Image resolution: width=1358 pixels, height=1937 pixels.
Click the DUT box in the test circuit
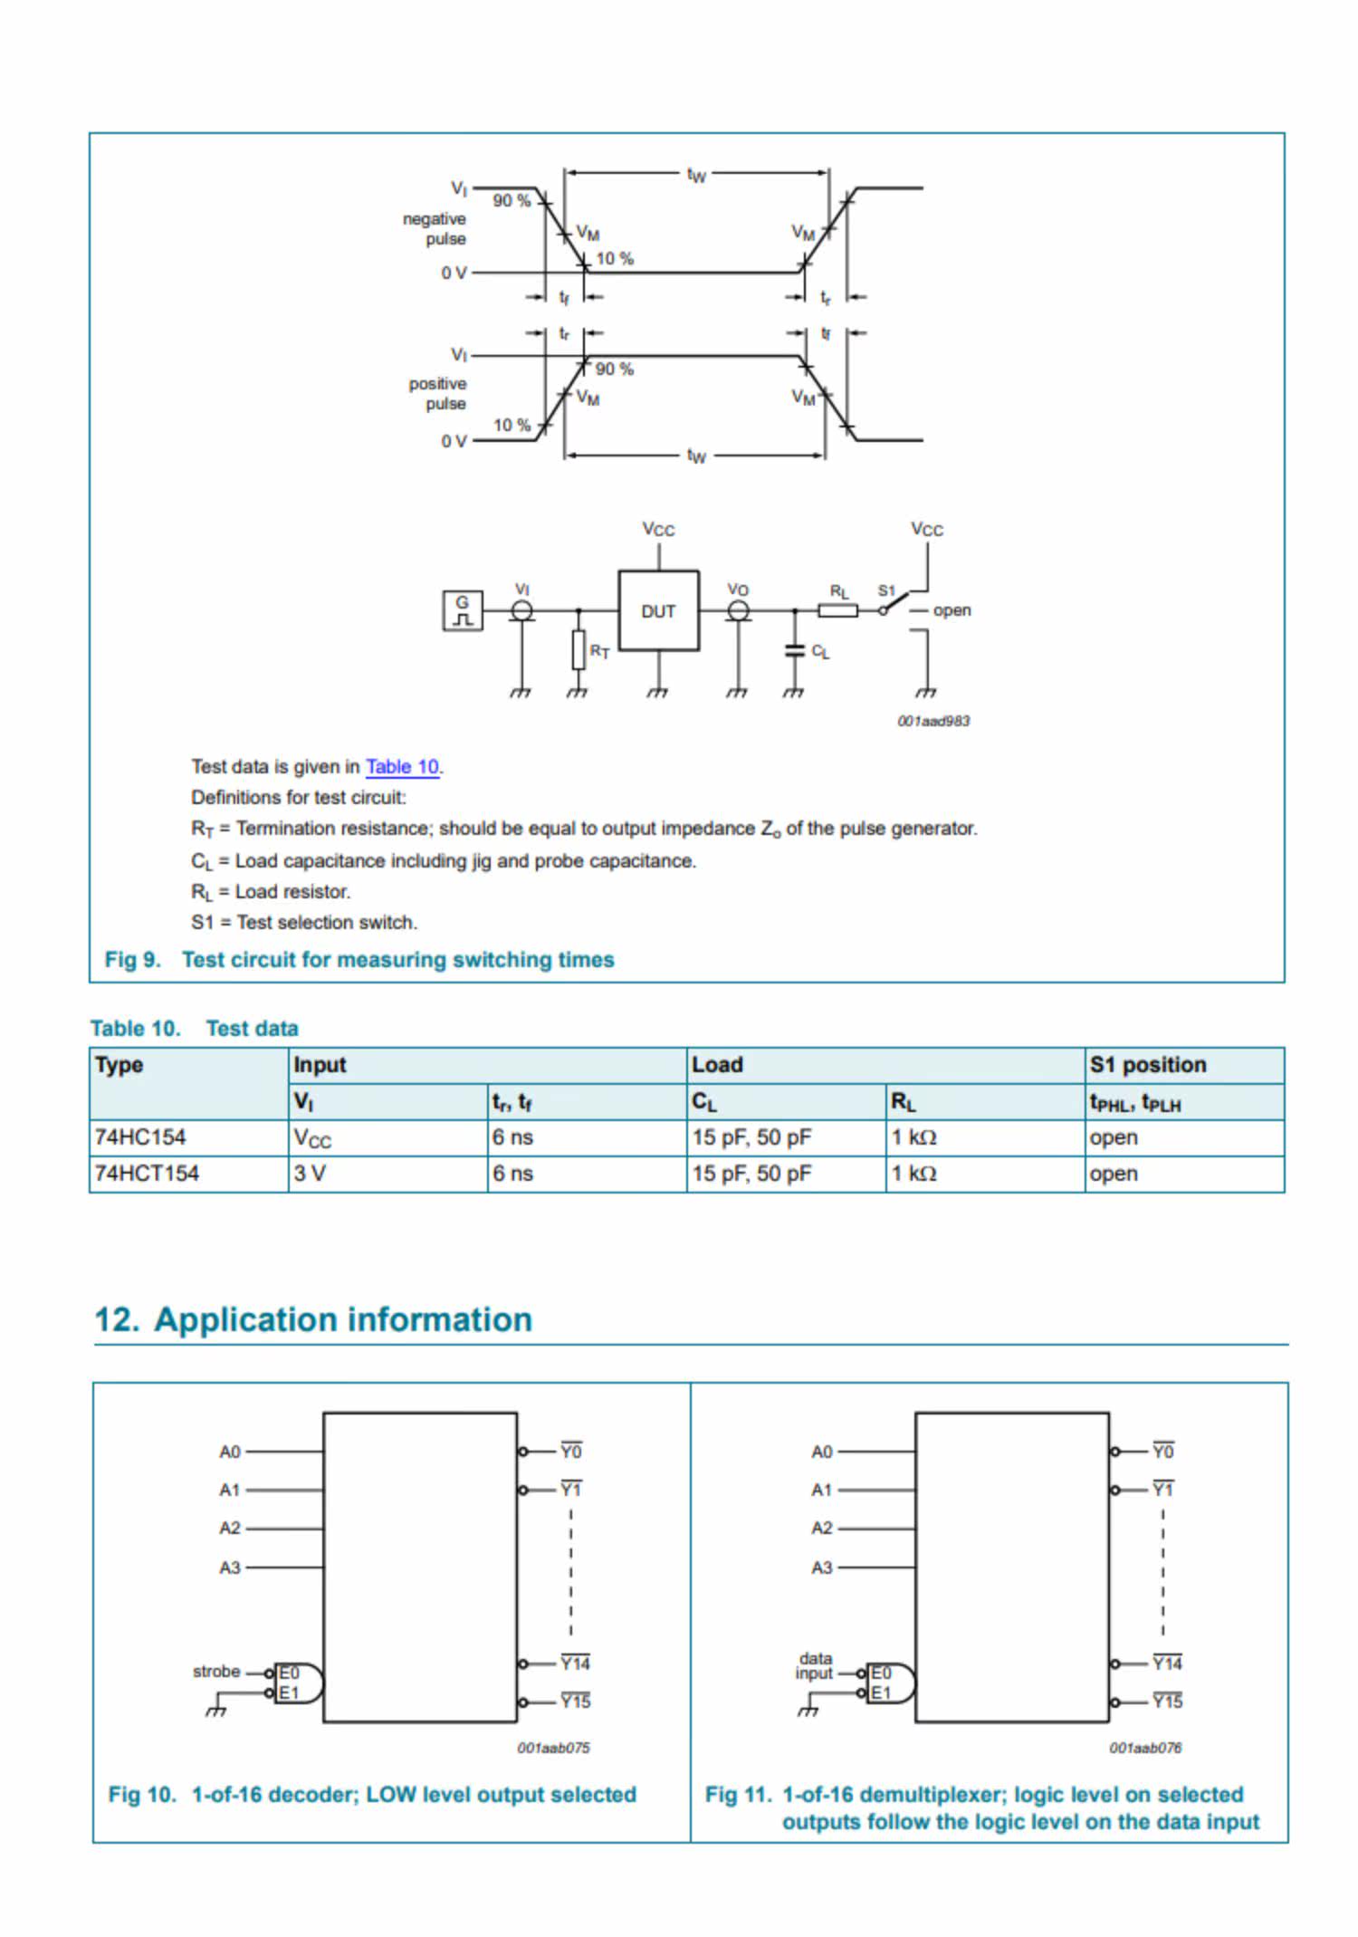click(658, 610)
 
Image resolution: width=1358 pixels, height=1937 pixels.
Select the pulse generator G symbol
click(463, 610)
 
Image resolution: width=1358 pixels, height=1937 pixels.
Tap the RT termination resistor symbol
click(579, 649)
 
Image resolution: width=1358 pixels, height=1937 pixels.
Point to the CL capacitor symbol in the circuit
click(794, 650)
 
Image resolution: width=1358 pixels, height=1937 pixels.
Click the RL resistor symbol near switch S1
click(837, 610)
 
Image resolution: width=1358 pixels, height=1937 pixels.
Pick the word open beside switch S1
click(952, 610)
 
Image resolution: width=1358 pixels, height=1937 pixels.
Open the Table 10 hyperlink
click(402, 767)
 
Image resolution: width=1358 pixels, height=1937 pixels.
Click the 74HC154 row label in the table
click(140, 1137)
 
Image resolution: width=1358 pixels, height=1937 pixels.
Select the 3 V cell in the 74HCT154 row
click(310, 1174)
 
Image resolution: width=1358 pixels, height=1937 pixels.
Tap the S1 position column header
click(1148, 1065)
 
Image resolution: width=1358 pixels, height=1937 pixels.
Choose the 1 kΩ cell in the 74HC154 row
click(913, 1137)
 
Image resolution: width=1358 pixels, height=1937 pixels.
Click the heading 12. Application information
click(313, 1319)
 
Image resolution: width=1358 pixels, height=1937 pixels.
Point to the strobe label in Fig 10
click(216, 1672)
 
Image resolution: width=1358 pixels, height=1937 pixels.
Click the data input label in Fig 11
click(815, 1666)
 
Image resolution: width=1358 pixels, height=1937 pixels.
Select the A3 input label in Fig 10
click(230, 1568)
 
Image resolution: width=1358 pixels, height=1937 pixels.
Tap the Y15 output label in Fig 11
click(1167, 1702)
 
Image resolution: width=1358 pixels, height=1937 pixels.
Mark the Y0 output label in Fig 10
click(571, 1452)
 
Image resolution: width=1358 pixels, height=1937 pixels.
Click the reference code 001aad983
click(933, 721)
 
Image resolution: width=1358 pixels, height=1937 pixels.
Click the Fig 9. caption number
click(132, 960)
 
